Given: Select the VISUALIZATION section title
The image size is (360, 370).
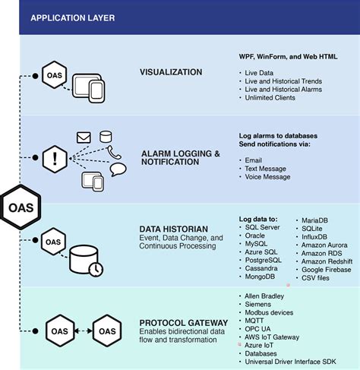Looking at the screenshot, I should point(171,72).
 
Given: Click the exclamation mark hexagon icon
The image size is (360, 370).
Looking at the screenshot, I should point(54,158).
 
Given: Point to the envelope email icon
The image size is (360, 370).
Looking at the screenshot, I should point(84,138).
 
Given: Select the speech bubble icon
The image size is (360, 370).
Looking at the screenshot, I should point(118,169).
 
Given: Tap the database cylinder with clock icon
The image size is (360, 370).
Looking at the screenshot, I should point(84,260).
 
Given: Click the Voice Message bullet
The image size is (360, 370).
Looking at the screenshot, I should point(267,177).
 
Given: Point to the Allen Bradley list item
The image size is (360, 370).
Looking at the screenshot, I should point(264,295).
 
